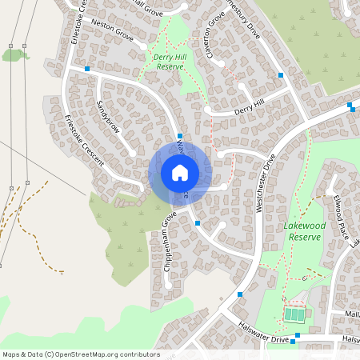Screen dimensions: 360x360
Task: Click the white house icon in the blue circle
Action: click(x=180, y=173)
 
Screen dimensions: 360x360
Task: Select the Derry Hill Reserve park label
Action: click(x=169, y=62)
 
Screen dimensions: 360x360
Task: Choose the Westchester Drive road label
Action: click(x=265, y=183)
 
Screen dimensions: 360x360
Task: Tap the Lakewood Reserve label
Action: click(x=302, y=232)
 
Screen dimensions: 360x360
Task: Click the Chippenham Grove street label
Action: click(x=169, y=241)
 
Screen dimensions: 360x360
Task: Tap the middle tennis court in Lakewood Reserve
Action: click(x=294, y=315)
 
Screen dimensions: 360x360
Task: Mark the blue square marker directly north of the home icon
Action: click(x=181, y=137)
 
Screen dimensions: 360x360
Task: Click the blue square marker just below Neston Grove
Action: click(x=87, y=70)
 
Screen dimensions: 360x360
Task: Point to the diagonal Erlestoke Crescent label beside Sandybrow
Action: click(x=84, y=141)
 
